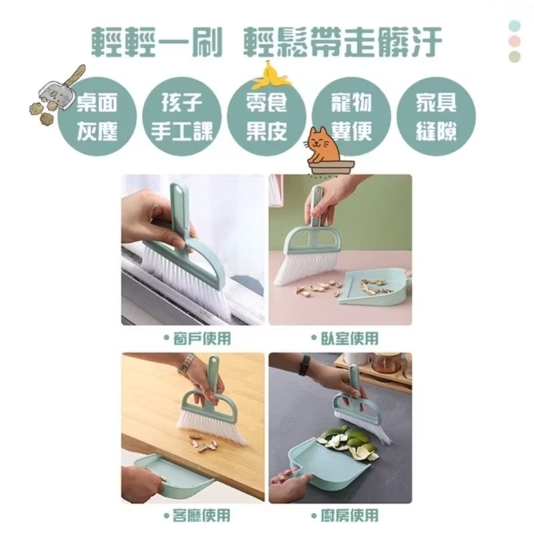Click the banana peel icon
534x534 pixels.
click(270, 75)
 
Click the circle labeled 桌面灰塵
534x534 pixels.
click(97, 116)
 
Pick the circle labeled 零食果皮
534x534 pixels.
click(266, 116)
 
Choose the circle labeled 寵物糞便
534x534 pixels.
click(351, 116)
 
